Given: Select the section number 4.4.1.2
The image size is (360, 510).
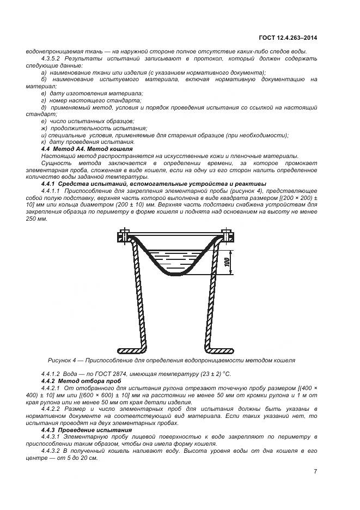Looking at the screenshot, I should coord(53,373).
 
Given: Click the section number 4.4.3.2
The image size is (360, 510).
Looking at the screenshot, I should coord(53,452).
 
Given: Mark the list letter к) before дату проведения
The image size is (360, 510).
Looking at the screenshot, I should coord(44,142).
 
